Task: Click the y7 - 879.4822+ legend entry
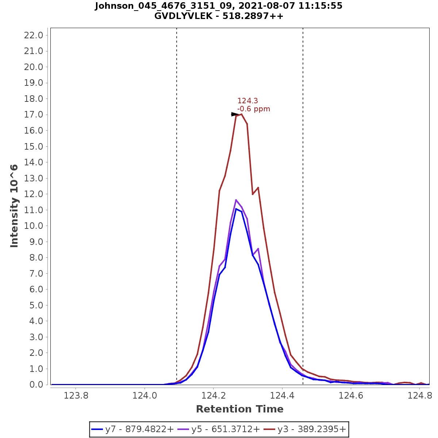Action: [x=132, y=429]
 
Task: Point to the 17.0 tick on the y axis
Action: [x=34, y=115]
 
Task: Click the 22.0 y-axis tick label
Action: [x=34, y=35]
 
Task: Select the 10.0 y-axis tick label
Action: [x=34, y=226]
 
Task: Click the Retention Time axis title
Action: [x=239, y=409]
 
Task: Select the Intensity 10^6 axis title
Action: [x=15, y=206]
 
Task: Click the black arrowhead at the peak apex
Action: [x=235, y=114]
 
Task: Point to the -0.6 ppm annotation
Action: [x=254, y=109]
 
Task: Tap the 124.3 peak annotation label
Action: [x=247, y=101]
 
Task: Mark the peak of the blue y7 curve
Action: [x=236, y=209]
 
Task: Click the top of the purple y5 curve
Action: [x=236, y=200]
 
